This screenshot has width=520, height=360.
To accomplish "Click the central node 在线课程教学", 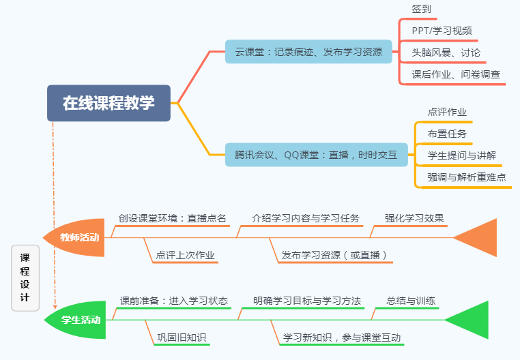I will [x=109, y=103].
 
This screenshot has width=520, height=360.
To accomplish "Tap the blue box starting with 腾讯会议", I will [x=316, y=155].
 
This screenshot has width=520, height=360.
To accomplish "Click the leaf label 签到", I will [x=421, y=9].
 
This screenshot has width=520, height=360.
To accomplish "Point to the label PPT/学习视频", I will [x=442, y=31].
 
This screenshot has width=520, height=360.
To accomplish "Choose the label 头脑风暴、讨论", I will [x=446, y=52].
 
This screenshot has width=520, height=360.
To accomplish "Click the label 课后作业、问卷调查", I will [x=455, y=74].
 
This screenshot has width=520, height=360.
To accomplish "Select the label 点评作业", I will [x=447, y=112].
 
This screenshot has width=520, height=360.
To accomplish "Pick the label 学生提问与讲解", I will [x=461, y=155].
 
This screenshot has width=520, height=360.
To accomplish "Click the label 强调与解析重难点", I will [x=467, y=177].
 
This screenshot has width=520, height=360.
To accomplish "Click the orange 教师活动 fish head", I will [x=77, y=238].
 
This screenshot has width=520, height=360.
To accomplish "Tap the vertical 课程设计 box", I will [x=25, y=277].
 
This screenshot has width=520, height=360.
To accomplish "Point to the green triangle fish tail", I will [x=472, y=320].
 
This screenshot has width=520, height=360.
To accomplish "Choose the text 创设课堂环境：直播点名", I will [x=172, y=218].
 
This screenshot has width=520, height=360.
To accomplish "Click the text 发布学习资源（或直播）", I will [x=335, y=256].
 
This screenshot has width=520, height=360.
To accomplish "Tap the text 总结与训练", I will [x=411, y=300].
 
